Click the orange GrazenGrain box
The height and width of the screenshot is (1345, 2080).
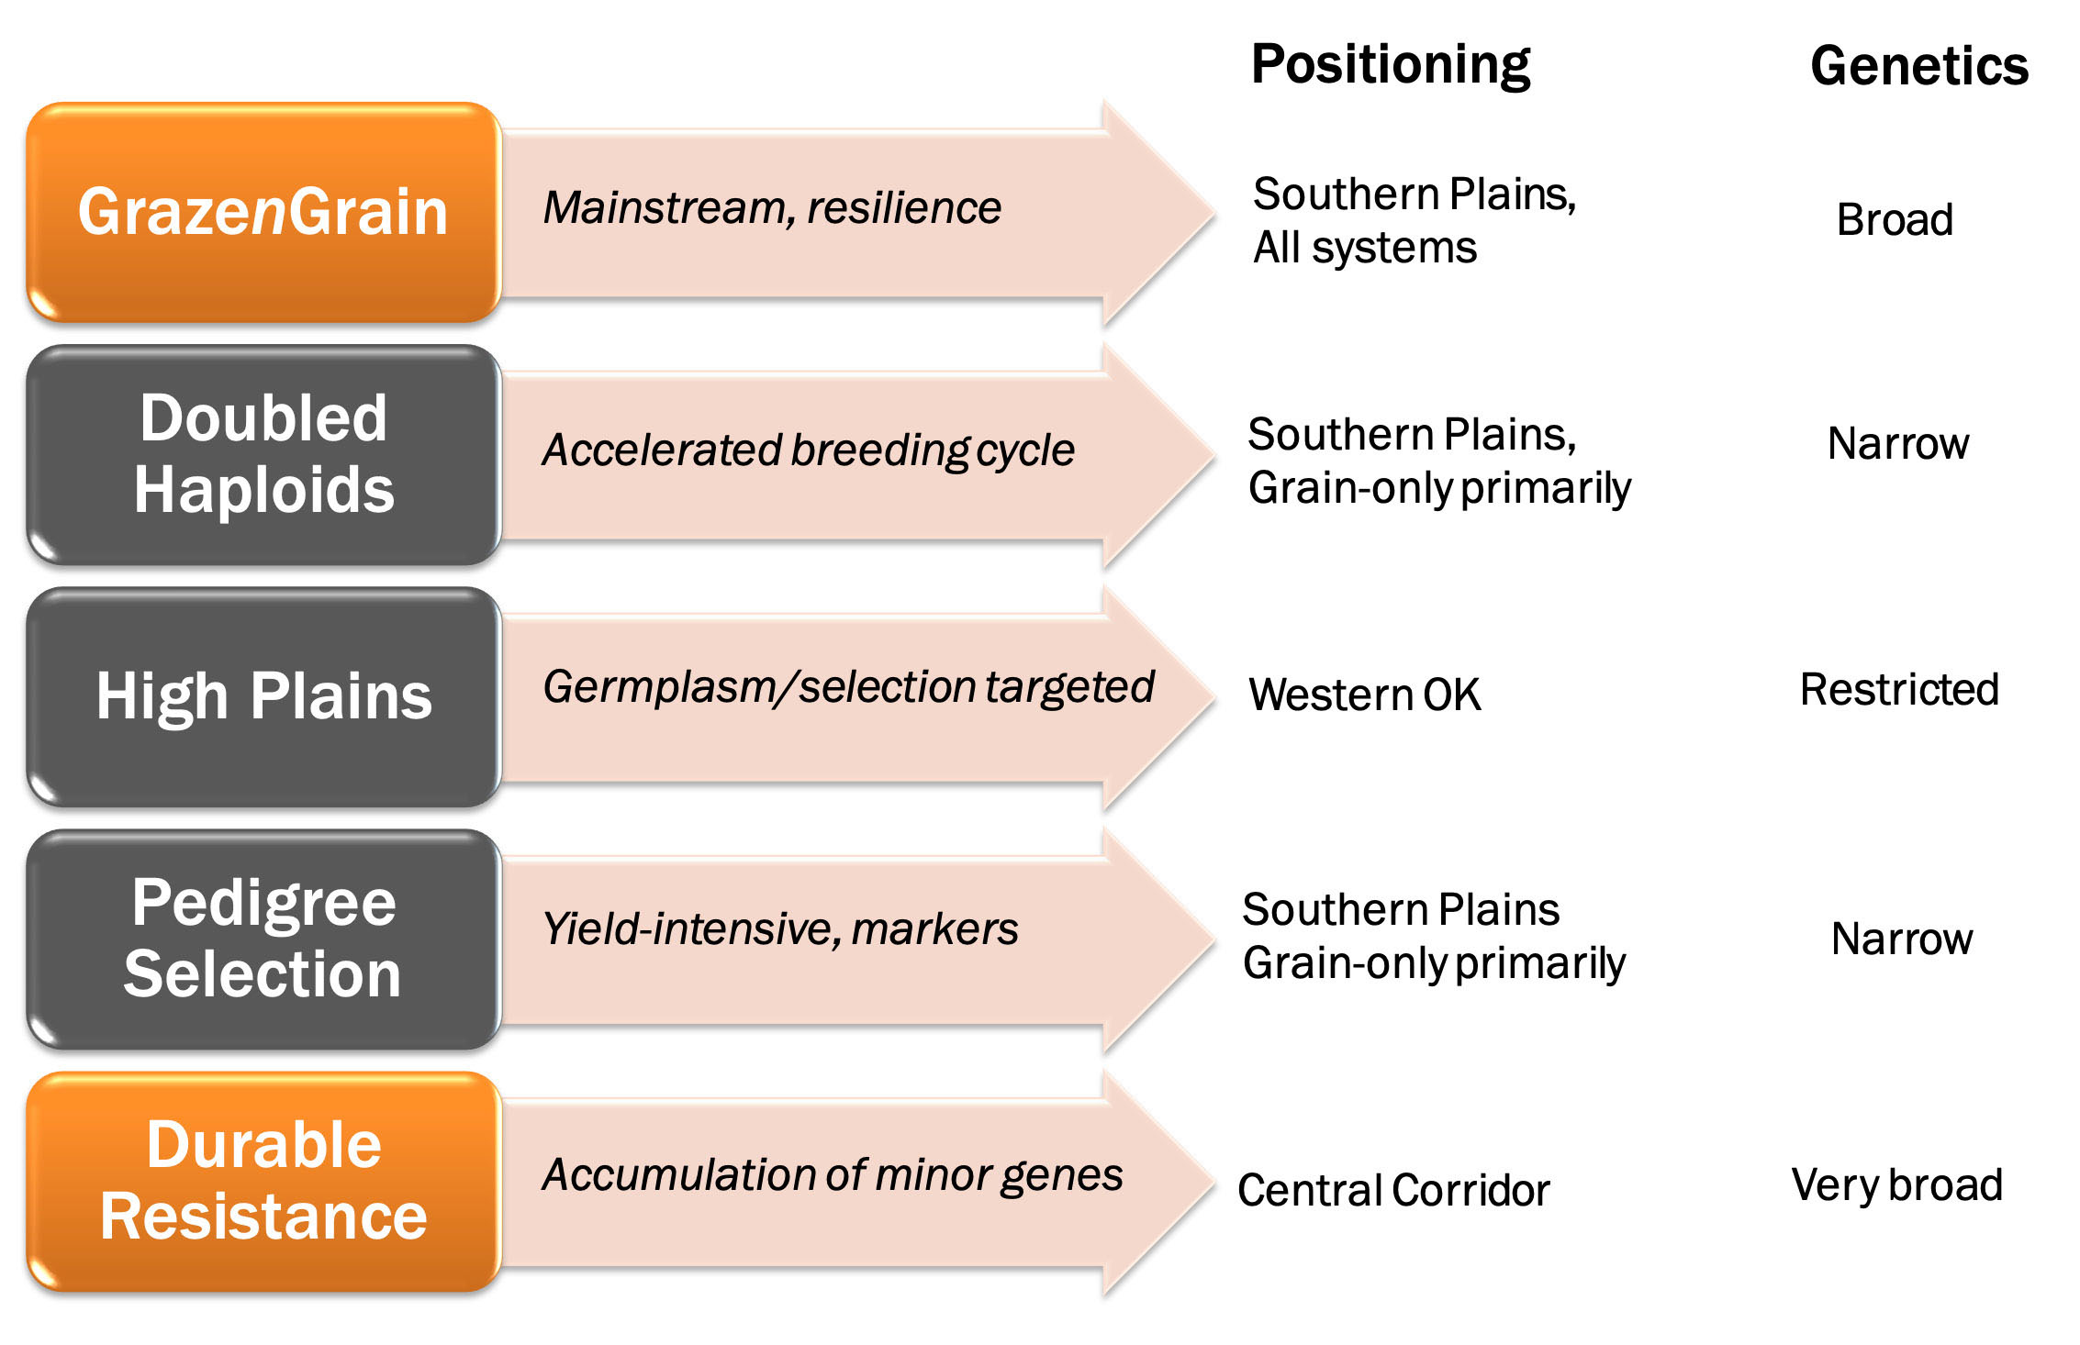[x=263, y=213]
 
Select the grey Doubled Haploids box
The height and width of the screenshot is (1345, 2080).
[x=263, y=454]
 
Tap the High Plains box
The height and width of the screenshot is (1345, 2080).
[x=263, y=696]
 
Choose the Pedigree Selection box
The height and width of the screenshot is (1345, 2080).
[x=263, y=939]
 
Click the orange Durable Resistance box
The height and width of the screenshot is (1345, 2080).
[x=263, y=1181]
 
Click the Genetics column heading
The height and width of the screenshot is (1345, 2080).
[x=1918, y=67]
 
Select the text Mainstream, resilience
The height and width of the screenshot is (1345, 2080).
[x=772, y=208]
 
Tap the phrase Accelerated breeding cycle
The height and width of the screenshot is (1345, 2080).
[x=808, y=450]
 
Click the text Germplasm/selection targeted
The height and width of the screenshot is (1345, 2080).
[x=848, y=687]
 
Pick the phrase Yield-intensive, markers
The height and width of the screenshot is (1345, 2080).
[x=780, y=929]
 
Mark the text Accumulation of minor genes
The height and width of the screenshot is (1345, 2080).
[x=832, y=1175]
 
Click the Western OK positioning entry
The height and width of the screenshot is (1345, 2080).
[x=1364, y=695]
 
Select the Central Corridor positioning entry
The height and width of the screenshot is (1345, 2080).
[x=1393, y=1191]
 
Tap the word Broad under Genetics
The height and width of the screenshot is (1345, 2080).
[x=1895, y=220]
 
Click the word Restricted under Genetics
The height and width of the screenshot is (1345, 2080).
[x=1899, y=690]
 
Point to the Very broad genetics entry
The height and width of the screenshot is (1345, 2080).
[x=1896, y=1185]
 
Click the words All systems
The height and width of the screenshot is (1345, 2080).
[x=1365, y=248]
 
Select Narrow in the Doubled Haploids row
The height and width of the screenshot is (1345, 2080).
[x=1898, y=444]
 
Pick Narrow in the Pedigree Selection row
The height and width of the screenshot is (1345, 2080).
[x=1902, y=939]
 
